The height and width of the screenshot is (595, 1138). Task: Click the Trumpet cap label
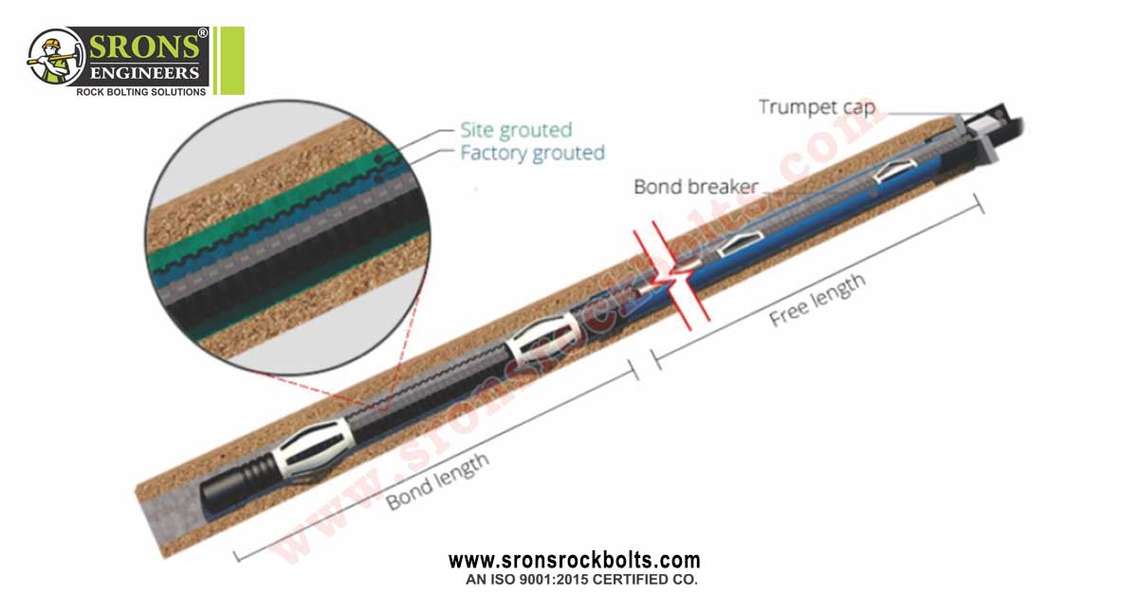click(x=817, y=107)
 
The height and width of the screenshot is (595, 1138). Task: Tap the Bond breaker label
click(x=696, y=187)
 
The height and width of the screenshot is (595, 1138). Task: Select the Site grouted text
click(x=516, y=130)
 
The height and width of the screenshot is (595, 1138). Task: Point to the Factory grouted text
click(x=532, y=153)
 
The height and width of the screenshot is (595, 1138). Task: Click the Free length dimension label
click(x=817, y=300)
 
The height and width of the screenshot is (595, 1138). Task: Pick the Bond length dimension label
click(x=437, y=481)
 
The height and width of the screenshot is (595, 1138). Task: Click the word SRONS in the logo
click(x=144, y=47)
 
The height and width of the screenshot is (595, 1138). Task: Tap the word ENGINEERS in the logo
click(x=144, y=73)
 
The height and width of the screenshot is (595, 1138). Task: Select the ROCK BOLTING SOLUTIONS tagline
click(x=140, y=92)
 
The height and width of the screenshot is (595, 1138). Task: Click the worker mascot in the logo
click(x=53, y=58)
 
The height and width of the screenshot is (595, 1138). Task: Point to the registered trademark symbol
click(x=202, y=33)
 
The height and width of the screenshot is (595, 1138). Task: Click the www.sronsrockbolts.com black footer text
click(x=574, y=561)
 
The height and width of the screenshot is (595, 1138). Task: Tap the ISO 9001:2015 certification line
click(x=581, y=580)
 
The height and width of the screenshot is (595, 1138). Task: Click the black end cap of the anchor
click(x=224, y=491)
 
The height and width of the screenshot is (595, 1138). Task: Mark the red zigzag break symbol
click(x=671, y=277)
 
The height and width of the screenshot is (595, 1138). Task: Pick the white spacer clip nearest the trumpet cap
click(x=895, y=170)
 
